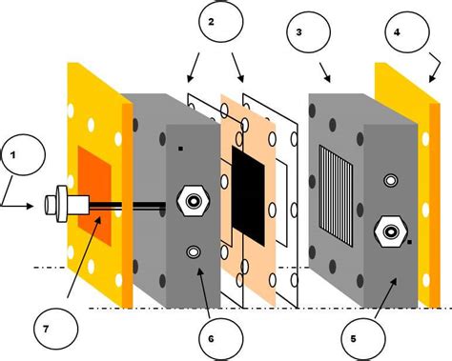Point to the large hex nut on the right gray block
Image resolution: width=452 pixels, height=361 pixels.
[x=390, y=228]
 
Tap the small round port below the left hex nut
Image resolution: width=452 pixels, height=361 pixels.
[x=193, y=251]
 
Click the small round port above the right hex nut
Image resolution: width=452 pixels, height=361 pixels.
[x=389, y=179]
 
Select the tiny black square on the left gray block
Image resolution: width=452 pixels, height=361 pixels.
[x=180, y=150]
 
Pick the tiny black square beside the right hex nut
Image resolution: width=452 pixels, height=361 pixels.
[x=409, y=242]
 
